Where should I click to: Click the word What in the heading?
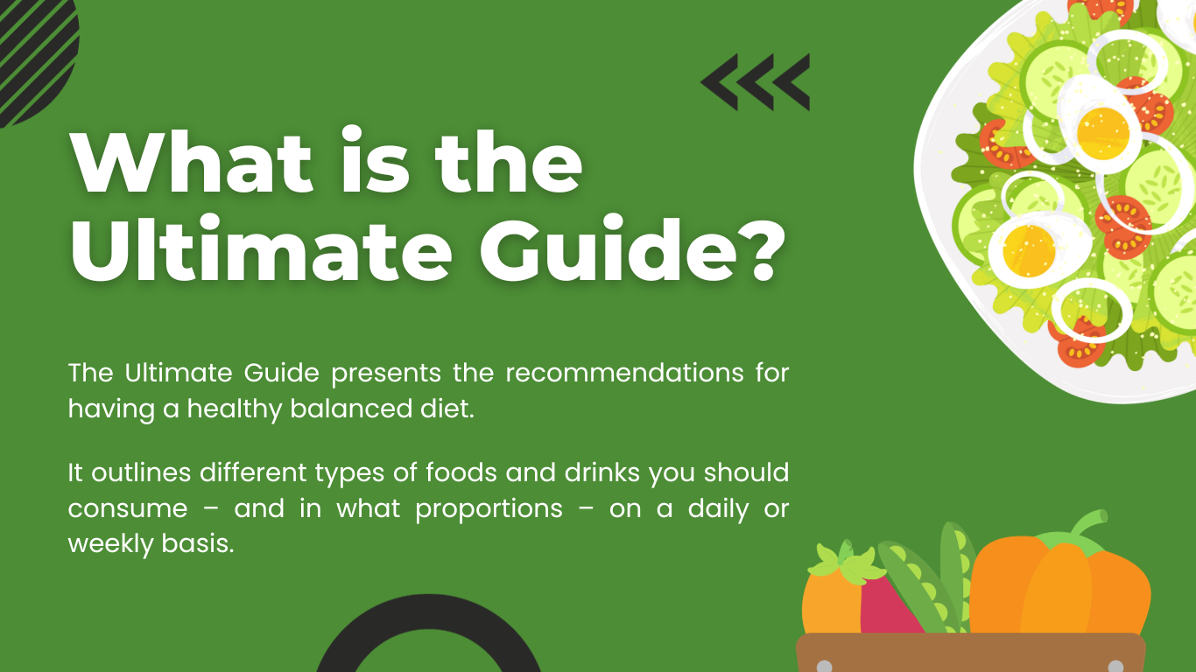pos(191,162)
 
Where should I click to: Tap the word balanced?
pos(351,409)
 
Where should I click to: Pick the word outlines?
pos(141,472)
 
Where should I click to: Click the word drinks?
pos(602,472)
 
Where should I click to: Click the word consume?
pos(128,509)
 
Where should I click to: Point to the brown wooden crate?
pos(971,653)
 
